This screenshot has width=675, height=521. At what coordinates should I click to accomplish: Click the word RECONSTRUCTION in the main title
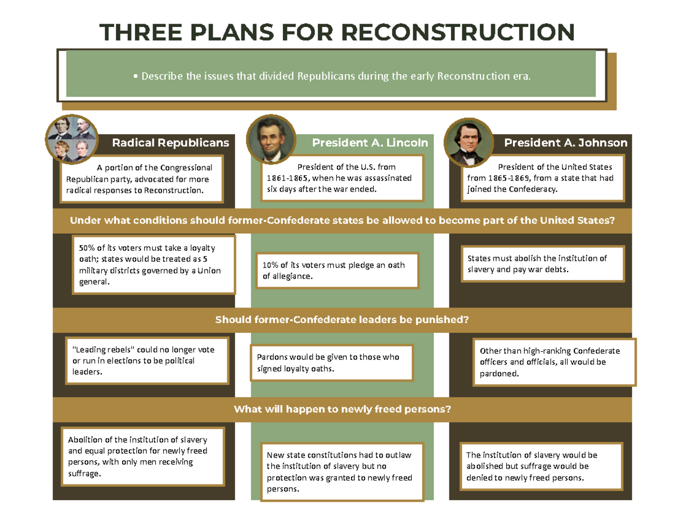(x=457, y=32)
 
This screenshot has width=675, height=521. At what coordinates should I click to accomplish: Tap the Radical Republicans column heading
(x=170, y=143)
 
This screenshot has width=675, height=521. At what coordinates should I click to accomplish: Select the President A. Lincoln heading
(x=370, y=143)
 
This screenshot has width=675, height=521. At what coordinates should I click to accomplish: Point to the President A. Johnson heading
(x=566, y=143)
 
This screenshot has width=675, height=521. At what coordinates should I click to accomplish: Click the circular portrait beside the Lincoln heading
(x=271, y=139)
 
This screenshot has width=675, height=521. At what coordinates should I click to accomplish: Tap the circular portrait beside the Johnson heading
(x=469, y=142)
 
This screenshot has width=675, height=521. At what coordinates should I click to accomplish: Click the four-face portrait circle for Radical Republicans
(x=72, y=139)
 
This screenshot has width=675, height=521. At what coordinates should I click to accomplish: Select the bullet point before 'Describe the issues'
(x=136, y=76)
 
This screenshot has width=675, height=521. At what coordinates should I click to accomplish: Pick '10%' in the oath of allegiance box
(x=270, y=265)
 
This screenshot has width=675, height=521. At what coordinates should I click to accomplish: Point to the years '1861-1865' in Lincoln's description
(x=287, y=178)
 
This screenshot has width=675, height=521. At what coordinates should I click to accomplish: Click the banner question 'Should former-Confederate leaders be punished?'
(x=342, y=320)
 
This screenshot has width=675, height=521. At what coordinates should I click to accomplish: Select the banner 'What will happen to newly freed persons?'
(x=343, y=409)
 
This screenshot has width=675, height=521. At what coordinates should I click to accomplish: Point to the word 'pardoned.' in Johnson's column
(x=499, y=374)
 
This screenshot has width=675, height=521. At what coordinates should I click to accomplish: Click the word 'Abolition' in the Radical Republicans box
(x=85, y=440)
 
